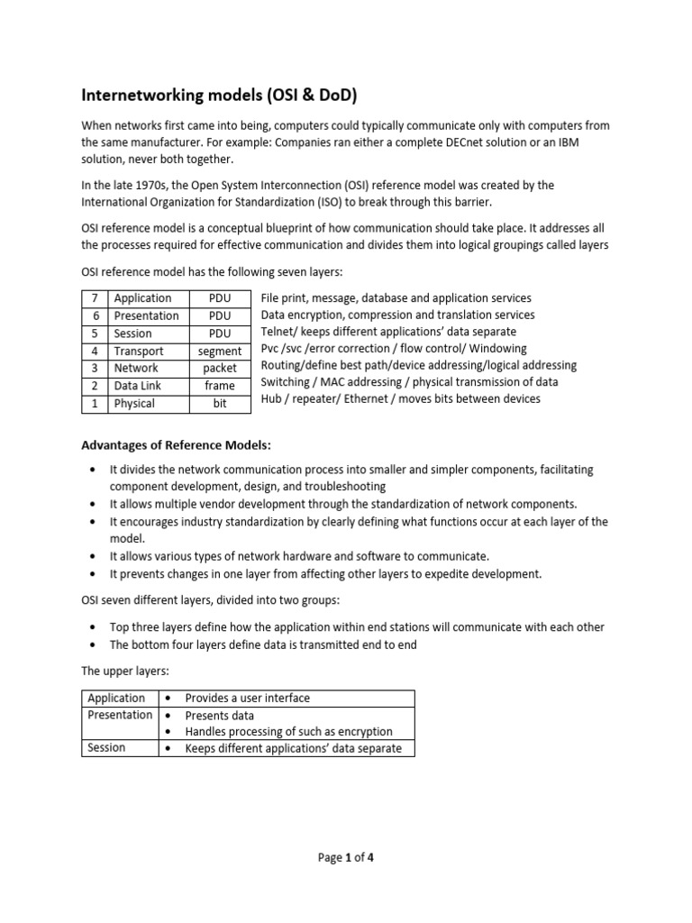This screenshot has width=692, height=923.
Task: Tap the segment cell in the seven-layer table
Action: pos(220,352)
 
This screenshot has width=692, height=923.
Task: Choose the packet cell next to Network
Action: pos(220,369)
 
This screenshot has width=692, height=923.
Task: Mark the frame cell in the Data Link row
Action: pos(220,386)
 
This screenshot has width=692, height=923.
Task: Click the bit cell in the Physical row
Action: pos(220,404)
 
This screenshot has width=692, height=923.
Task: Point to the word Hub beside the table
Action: pos(271,398)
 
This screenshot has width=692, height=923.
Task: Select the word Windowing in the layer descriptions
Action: pos(502,348)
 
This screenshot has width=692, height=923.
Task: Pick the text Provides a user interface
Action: pos(247,699)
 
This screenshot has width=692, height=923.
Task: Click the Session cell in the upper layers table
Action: pos(106,747)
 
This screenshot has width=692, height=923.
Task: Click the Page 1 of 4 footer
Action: pos(346,858)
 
